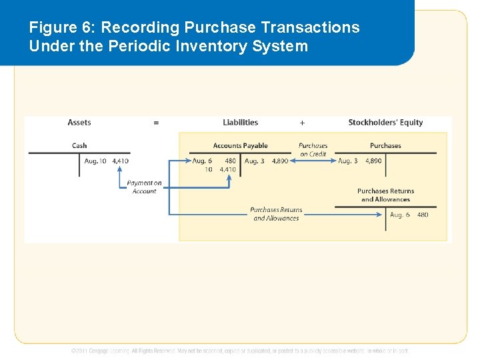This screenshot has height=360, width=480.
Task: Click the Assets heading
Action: (x=79, y=123)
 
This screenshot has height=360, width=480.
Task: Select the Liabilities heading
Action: (x=240, y=123)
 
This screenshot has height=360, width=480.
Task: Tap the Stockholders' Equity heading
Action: (x=385, y=123)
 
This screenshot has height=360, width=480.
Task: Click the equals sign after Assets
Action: (x=156, y=123)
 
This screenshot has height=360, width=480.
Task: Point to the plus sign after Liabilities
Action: (x=302, y=123)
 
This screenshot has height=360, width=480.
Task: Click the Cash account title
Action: (x=79, y=146)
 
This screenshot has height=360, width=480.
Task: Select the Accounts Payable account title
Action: (x=240, y=146)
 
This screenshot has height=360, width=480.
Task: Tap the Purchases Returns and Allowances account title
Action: (x=385, y=195)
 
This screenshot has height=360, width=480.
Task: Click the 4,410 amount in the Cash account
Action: (x=121, y=161)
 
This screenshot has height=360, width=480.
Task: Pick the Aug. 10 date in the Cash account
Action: (x=95, y=161)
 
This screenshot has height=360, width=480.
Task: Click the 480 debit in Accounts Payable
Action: (x=230, y=161)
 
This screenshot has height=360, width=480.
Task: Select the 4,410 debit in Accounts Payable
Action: (x=227, y=170)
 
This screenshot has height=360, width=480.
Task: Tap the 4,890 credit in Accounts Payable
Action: (x=280, y=161)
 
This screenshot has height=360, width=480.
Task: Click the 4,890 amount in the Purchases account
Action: (x=373, y=161)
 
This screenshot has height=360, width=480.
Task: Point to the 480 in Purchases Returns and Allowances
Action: (x=423, y=215)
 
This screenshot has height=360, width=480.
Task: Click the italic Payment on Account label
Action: (x=144, y=187)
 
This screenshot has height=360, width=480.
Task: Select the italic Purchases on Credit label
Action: (x=313, y=150)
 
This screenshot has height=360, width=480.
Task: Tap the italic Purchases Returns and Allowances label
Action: (x=276, y=214)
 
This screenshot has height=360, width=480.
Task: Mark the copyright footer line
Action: (x=240, y=351)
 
